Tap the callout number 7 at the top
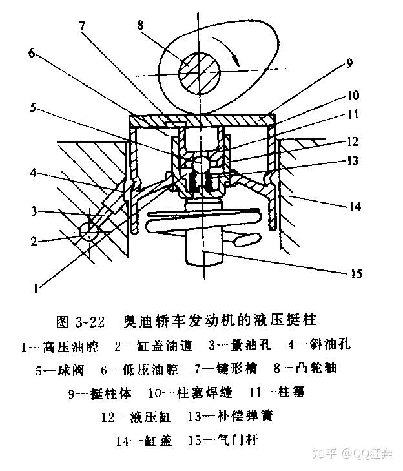point(83,27)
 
